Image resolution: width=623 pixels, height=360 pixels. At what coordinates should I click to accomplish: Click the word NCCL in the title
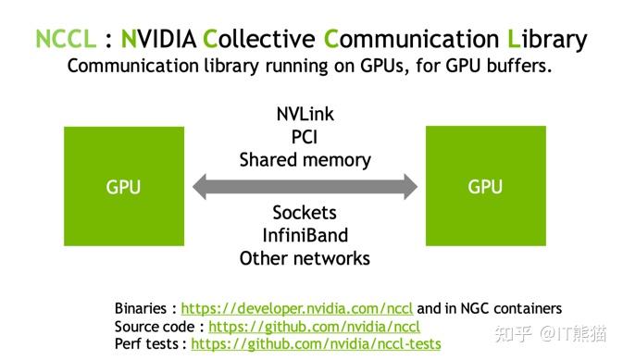[65, 39]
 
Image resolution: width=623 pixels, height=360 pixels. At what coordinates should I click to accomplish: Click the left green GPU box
[123, 187]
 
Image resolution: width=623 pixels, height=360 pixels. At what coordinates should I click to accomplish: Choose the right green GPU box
[485, 187]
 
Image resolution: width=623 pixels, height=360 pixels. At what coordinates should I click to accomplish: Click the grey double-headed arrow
[305, 187]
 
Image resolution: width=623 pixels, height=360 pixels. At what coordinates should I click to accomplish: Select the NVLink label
[305, 115]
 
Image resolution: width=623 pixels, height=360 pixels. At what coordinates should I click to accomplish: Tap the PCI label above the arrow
[305, 137]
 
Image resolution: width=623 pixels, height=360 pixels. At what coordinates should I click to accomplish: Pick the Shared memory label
[305, 159]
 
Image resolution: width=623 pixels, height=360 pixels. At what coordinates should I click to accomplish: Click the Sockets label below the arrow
[305, 213]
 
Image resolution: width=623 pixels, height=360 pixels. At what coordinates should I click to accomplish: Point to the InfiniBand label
[305, 235]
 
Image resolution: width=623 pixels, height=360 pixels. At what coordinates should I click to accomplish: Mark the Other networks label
[305, 258]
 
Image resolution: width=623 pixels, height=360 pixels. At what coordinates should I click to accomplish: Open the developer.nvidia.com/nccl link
[297, 308]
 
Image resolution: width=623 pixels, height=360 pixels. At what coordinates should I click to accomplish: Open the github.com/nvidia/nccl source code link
[314, 326]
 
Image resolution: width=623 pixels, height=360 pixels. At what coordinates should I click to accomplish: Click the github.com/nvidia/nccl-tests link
[316, 343]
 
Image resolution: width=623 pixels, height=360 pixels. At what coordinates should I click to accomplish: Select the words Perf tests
[148, 343]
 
